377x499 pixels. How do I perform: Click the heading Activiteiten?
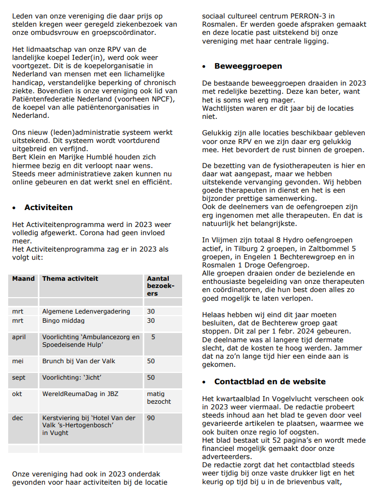tap(48, 207)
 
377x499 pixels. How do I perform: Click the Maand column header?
tap(24, 279)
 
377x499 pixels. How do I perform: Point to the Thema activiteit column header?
tap(70, 279)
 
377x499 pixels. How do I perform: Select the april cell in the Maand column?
tap(19, 338)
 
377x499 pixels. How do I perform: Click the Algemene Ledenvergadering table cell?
tap(86, 311)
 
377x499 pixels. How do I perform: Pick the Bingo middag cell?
tap(63, 321)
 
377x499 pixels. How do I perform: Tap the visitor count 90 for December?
tap(151, 418)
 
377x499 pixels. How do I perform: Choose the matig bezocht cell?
tap(159, 398)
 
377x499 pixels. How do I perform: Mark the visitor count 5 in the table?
tap(153, 338)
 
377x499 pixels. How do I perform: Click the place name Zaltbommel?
tap(329, 248)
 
